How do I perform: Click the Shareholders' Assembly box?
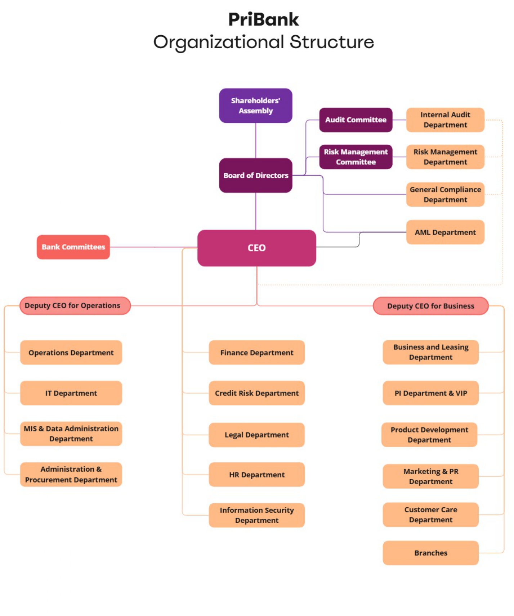(255, 105)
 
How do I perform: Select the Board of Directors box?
(255, 175)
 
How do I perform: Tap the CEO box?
(256, 248)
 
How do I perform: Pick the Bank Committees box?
(73, 247)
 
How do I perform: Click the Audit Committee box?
(356, 120)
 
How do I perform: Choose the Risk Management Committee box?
(356, 157)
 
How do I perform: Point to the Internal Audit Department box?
(445, 120)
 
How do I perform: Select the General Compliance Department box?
(445, 194)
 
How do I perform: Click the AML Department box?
(445, 232)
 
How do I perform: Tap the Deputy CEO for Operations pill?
(75, 305)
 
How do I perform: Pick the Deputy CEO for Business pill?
(430, 306)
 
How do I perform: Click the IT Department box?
(71, 393)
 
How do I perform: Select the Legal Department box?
(256, 435)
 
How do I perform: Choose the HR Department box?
(256, 475)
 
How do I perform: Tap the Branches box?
(430, 553)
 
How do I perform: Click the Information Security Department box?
(256, 515)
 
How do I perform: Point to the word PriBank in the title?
(264, 19)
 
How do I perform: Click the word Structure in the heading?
(332, 42)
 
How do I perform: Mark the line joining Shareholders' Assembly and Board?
(256, 140)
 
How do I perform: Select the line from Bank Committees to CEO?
(154, 247)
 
